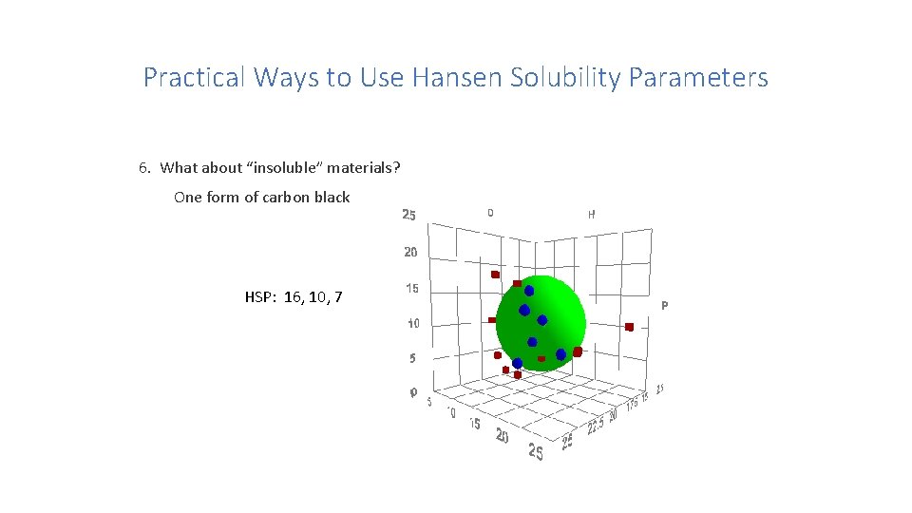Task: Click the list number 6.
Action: coord(143,168)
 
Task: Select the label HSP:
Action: coord(260,297)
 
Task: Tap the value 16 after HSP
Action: coord(292,297)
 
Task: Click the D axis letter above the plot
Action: coord(490,213)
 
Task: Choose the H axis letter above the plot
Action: coord(591,215)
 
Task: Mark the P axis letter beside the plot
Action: coord(664,306)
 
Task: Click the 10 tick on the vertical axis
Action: coord(413,323)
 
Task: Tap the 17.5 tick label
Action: coord(632,404)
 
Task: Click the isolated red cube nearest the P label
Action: coord(629,327)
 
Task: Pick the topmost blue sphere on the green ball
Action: coord(529,291)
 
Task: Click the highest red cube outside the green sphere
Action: coord(495,275)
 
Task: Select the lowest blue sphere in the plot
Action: coord(517,363)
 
